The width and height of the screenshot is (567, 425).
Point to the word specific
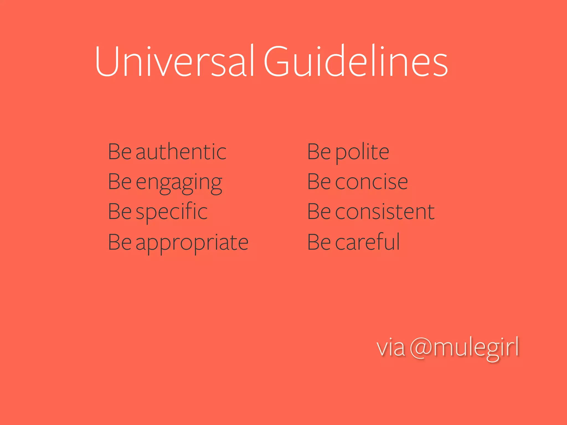(x=172, y=212)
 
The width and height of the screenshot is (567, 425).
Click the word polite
(x=362, y=152)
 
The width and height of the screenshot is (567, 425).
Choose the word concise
(x=372, y=182)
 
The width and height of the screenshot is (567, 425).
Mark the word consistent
(x=385, y=212)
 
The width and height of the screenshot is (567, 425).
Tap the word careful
(x=368, y=242)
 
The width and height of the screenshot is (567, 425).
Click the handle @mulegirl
(x=464, y=348)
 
